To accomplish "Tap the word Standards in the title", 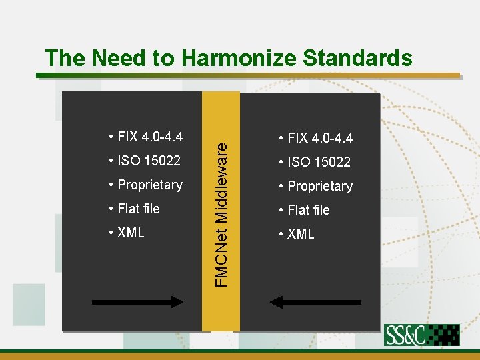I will (x=357, y=59).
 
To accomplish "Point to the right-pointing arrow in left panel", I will (x=137, y=302).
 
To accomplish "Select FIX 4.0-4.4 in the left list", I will (x=150, y=137).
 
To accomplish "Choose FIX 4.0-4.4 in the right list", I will (x=320, y=139).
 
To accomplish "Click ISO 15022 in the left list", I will (x=149, y=160).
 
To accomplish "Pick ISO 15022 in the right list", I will (x=319, y=162).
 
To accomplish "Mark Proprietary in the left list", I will (x=149, y=185).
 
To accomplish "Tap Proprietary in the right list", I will (x=319, y=186).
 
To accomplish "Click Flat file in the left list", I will (x=139, y=209).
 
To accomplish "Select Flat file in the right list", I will (x=309, y=210).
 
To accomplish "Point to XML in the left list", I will (x=131, y=233).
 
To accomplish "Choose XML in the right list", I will (x=301, y=234).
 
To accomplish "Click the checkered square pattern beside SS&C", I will (x=443, y=335).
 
